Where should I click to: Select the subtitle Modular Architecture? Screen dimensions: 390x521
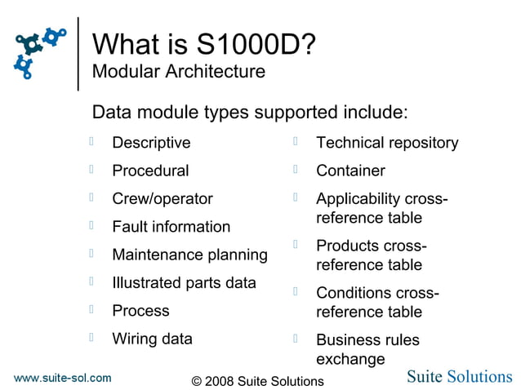(178, 72)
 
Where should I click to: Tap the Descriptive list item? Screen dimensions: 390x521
(151, 143)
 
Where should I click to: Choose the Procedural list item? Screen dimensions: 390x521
(150, 171)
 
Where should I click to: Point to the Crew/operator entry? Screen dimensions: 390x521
(162, 198)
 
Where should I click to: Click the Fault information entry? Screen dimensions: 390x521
(171, 227)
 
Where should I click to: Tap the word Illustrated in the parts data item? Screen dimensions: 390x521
(147, 282)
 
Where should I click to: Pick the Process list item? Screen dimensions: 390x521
(140, 310)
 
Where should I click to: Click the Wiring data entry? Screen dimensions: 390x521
(152, 339)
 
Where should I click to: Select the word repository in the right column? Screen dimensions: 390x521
(421, 143)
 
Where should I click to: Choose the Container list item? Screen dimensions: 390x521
(350, 171)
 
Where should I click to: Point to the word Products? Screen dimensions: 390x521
(348, 246)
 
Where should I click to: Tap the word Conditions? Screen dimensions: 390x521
(354, 292)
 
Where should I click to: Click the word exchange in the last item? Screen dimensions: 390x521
(350, 359)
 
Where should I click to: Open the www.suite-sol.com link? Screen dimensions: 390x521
(63, 378)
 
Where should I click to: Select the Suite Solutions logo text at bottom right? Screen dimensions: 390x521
(460, 376)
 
